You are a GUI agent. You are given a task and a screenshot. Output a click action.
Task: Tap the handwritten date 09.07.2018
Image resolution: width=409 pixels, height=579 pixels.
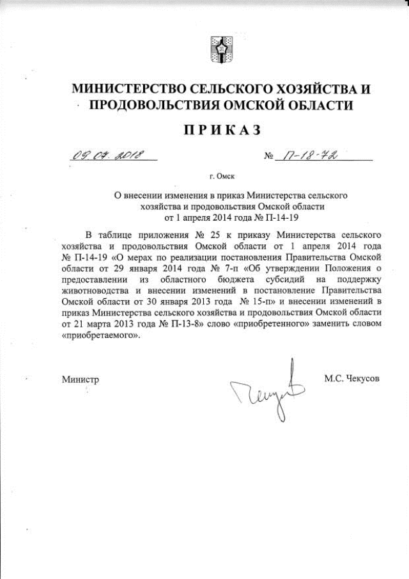click(x=108, y=155)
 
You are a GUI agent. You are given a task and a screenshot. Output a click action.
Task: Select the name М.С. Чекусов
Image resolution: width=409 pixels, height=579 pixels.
click(x=351, y=378)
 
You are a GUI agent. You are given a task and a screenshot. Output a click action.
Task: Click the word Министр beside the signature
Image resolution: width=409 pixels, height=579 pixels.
click(x=81, y=379)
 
